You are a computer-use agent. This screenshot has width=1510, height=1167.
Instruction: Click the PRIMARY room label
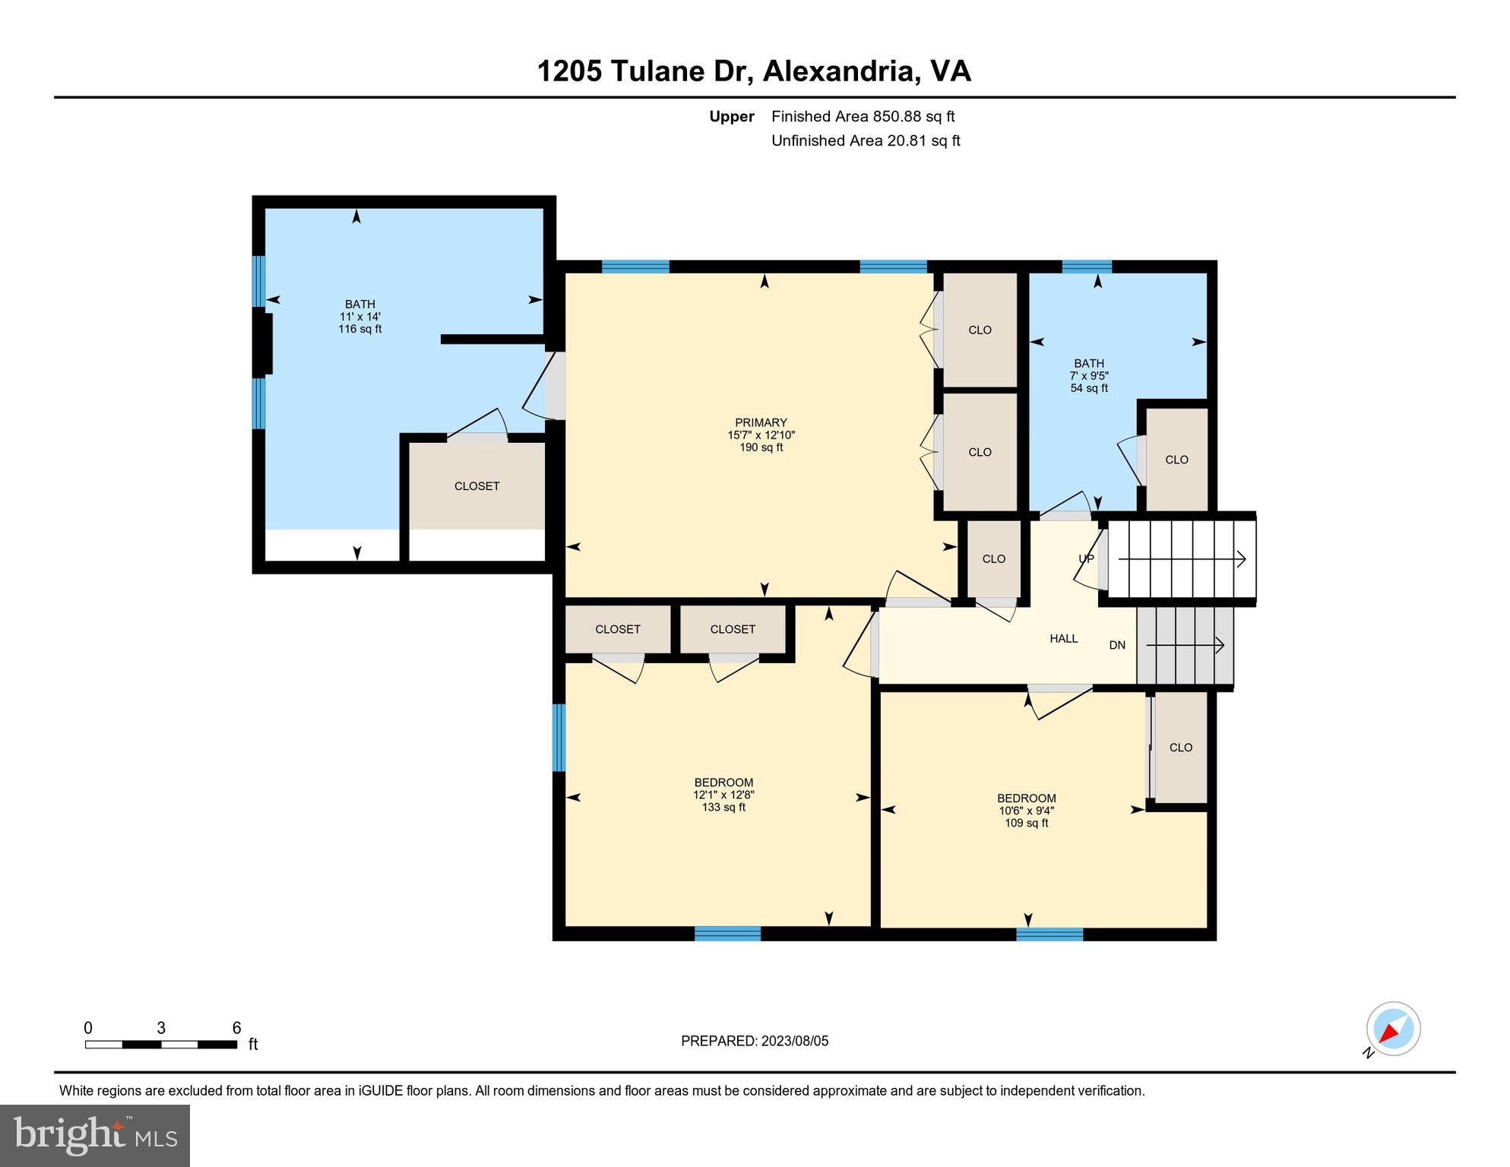point(761,435)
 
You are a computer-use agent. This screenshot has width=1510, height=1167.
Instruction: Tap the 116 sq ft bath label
point(359,316)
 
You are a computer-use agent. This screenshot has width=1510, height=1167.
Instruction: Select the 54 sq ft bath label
point(1088,375)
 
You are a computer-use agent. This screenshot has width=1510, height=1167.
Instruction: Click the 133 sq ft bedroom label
point(723,795)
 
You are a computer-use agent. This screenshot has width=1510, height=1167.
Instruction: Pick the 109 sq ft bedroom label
point(1026,810)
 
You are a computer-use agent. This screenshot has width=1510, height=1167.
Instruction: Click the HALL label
point(1063,639)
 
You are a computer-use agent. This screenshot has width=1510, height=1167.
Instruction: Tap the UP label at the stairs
point(1086,558)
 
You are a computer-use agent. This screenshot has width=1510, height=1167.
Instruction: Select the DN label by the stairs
point(1116,645)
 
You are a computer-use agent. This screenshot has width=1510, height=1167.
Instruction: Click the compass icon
point(1392,1029)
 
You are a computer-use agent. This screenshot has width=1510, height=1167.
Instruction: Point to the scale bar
point(160,1044)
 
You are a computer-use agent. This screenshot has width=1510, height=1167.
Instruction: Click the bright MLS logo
point(95,1135)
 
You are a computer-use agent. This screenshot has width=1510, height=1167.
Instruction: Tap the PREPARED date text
point(754,1041)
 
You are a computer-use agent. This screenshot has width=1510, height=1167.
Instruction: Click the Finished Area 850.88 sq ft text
point(863,116)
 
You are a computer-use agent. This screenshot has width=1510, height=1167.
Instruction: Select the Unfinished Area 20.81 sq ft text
point(866,141)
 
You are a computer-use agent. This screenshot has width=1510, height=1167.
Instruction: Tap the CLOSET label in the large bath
point(476,486)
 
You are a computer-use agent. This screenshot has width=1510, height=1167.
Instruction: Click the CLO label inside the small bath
point(1176,460)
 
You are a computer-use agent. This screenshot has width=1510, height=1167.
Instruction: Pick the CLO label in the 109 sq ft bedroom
point(1180,748)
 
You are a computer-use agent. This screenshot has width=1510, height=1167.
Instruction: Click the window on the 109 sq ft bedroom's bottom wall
point(1049,934)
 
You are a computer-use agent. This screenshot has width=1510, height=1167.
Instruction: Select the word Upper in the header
point(731,116)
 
